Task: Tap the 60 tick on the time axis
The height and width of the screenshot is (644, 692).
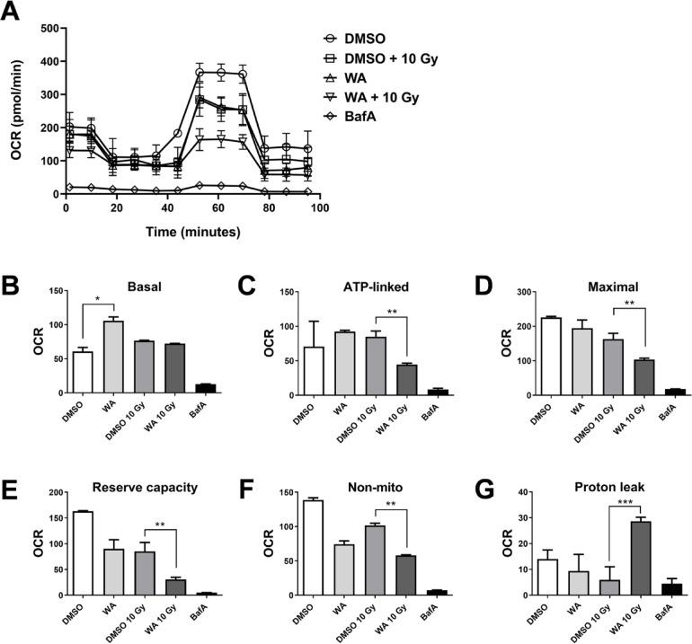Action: coord(217,208)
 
